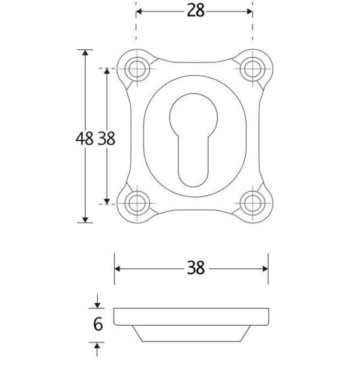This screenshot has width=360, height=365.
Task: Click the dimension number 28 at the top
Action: [196, 11]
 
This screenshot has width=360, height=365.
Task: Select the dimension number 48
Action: [85, 139]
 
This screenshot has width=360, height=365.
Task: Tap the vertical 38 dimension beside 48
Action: [106, 139]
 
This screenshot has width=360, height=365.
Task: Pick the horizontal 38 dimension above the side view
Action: [196, 268]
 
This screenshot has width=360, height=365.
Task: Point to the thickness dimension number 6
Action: [98, 324]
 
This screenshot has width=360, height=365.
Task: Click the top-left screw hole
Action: [137, 69]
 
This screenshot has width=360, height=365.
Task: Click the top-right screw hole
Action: [253, 69]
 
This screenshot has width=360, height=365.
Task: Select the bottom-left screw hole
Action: [137, 204]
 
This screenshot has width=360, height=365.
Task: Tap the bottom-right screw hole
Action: [253, 204]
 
